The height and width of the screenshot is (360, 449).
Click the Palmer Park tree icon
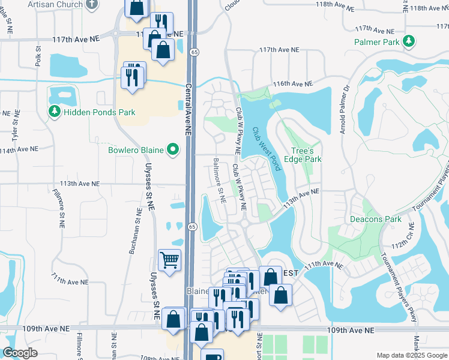coord(409,41)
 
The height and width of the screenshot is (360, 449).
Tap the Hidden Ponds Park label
coord(100,112)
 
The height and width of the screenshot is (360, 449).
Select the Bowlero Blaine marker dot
coord(173,149)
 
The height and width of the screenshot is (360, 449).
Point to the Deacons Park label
coord(376,219)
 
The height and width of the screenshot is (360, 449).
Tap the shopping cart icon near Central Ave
coord(170,260)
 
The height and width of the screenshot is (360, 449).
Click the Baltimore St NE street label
coord(218,179)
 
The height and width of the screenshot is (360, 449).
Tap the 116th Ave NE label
coord(293,85)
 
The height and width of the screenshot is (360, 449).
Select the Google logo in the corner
coord(20,353)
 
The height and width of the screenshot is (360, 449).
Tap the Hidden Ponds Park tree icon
coord(54,112)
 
